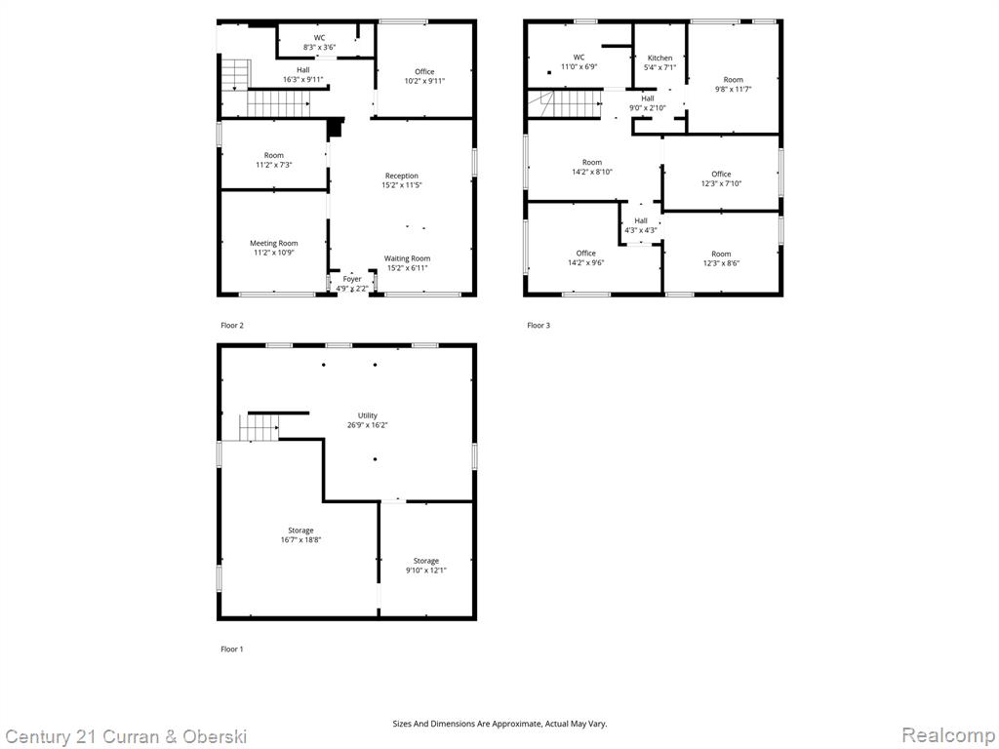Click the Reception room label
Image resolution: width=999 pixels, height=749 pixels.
click(x=402, y=180)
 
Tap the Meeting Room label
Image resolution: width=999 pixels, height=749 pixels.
click(x=273, y=248)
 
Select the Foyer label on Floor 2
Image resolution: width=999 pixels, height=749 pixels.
click(x=352, y=284)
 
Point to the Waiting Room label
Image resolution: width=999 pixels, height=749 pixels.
click(x=407, y=263)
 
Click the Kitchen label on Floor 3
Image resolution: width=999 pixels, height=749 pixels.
click(x=660, y=62)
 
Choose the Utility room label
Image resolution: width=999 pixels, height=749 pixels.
click(x=368, y=420)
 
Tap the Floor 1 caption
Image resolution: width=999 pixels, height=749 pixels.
click(x=232, y=649)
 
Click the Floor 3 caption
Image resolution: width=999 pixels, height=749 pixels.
click(x=539, y=326)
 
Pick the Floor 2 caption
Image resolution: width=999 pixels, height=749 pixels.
click(x=232, y=326)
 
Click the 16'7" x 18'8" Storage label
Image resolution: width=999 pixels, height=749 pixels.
click(x=300, y=535)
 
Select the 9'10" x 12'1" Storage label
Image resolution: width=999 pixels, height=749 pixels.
click(x=426, y=566)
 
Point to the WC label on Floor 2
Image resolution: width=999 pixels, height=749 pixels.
click(x=319, y=43)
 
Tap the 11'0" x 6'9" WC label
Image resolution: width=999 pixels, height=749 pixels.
click(x=579, y=61)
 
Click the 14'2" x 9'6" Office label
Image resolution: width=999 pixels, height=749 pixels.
click(x=586, y=257)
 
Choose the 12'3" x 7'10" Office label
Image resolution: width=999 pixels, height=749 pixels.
click(x=721, y=179)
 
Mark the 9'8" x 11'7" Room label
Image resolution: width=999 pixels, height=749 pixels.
click(x=734, y=85)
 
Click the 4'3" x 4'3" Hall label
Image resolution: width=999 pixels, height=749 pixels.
click(x=641, y=225)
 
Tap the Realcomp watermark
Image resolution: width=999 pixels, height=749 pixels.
click(x=947, y=735)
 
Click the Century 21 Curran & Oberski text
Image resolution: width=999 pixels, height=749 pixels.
click(x=126, y=737)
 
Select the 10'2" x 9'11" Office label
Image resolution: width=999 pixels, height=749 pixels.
click(x=425, y=76)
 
